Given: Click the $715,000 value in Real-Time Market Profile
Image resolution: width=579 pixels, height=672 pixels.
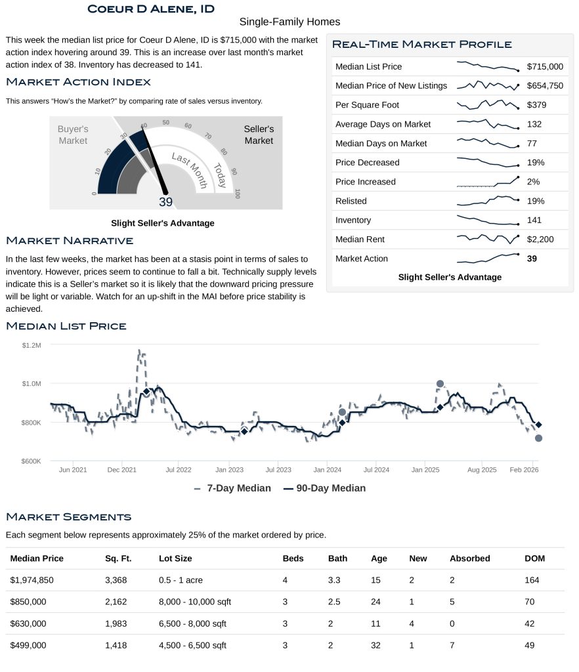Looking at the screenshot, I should [545, 66].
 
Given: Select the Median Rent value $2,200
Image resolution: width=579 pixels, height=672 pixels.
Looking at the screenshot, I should [540, 240].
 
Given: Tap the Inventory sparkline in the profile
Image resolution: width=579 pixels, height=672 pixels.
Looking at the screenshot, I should [488, 220].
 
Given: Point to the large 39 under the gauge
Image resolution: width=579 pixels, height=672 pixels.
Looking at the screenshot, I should [165, 202].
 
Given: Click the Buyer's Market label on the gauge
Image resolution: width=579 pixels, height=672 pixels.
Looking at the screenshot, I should [73, 135].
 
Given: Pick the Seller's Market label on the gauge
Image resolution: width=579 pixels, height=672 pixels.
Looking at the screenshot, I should [259, 135].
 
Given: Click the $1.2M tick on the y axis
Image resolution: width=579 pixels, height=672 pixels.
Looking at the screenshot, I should [32, 345].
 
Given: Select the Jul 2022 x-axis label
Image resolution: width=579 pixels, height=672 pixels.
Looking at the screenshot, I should [179, 470].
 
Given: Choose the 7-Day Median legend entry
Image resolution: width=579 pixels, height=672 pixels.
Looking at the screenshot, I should [232, 488].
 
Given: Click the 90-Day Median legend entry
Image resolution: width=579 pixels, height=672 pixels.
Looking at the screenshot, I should [324, 488].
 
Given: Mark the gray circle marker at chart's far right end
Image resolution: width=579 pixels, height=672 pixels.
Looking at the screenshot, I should [538, 438].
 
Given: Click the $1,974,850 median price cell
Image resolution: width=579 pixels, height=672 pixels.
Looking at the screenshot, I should [37, 580].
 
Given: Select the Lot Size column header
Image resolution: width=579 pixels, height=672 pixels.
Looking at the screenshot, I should [175, 558].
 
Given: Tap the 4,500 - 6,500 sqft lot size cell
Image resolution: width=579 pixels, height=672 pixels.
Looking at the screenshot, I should [192, 645].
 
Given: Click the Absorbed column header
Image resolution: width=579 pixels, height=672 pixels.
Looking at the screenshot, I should [469, 558].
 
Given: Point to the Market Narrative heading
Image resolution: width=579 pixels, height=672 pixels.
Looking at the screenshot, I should [70, 241].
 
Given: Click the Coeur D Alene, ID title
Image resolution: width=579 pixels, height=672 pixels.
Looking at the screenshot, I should [150, 9].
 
